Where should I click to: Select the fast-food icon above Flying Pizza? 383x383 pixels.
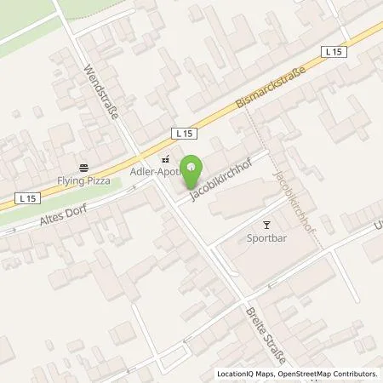(83, 168)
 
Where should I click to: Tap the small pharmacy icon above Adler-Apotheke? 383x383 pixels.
(165, 158)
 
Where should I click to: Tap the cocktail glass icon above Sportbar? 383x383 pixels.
(267, 226)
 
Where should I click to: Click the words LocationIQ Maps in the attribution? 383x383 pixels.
(246, 374)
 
